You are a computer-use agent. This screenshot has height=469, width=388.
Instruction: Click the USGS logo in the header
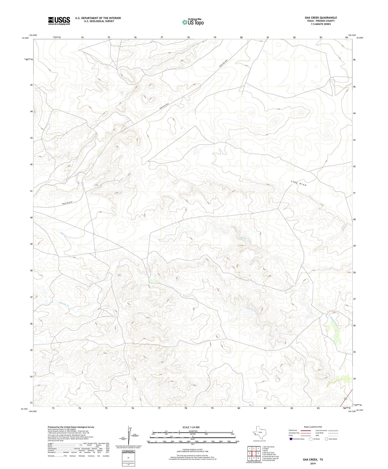[x=59, y=21]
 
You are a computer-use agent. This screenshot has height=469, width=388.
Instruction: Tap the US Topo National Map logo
[x=193, y=22]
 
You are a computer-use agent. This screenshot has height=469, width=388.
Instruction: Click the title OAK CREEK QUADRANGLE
[x=320, y=18]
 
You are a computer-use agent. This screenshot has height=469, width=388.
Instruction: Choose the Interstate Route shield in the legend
[x=291, y=439]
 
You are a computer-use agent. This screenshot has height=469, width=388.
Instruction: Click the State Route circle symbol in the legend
[x=326, y=439]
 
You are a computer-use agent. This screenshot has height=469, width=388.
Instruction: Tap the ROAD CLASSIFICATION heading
[x=313, y=427]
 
